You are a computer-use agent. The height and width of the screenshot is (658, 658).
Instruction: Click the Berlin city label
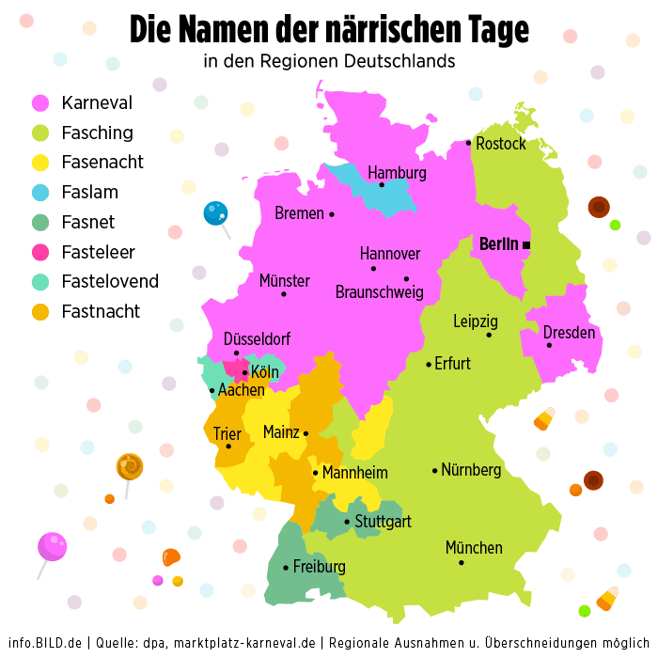(498, 244)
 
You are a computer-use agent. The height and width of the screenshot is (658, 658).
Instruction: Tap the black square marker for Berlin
(526, 245)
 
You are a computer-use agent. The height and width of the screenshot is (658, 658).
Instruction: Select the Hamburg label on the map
(397, 173)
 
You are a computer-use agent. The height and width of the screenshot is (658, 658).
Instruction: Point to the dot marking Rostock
(468, 143)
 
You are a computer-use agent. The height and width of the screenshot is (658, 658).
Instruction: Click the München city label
(474, 547)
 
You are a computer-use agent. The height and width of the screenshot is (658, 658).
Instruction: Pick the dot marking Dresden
(549, 345)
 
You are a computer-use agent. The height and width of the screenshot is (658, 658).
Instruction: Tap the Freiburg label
(319, 567)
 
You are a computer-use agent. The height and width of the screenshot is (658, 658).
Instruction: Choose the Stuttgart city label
(383, 522)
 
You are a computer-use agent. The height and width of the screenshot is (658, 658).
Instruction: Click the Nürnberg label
(471, 470)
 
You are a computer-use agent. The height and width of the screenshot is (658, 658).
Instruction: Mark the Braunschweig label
(380, 292)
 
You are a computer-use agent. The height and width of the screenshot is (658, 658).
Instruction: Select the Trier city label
(227, 434)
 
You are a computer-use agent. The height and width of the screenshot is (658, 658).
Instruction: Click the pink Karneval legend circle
(40, 103)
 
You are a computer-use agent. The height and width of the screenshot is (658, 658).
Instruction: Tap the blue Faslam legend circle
(40, 193)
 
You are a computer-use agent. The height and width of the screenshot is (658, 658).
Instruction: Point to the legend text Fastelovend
(110, 281)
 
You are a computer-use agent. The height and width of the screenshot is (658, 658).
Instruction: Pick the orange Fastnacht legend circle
(40, 311)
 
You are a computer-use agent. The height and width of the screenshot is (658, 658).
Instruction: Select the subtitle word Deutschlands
(399, 62)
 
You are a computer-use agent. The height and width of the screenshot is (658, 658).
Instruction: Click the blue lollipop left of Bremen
(215, 213)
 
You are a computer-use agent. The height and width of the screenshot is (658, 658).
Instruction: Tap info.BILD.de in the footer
(45, 643)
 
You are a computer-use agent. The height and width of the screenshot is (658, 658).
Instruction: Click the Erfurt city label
(453, 364)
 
